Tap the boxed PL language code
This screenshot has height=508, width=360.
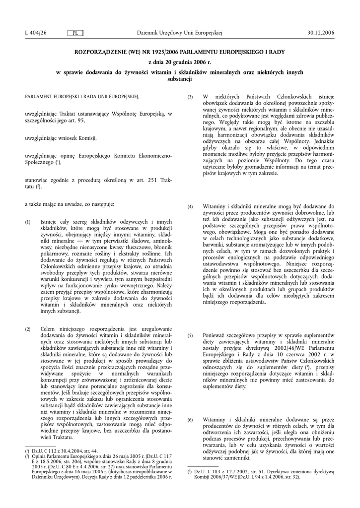(x=75, y=33)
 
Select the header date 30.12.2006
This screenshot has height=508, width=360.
(x=322, y=33)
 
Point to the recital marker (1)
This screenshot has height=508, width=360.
(x=28, y=222)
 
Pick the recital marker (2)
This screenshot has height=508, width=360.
(x=28, y=329)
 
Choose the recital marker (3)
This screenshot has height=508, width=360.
(x=190, y=97)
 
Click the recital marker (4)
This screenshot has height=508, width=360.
(x=190, y=206)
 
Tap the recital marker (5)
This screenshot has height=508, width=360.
(x=190, y=336)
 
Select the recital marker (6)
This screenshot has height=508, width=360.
(x=190, y=420)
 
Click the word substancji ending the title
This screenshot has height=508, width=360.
(x=180, y=79)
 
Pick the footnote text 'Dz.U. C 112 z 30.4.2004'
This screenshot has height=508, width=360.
(x=57, y=450)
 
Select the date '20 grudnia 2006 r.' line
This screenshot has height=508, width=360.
(x=180, y=63)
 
